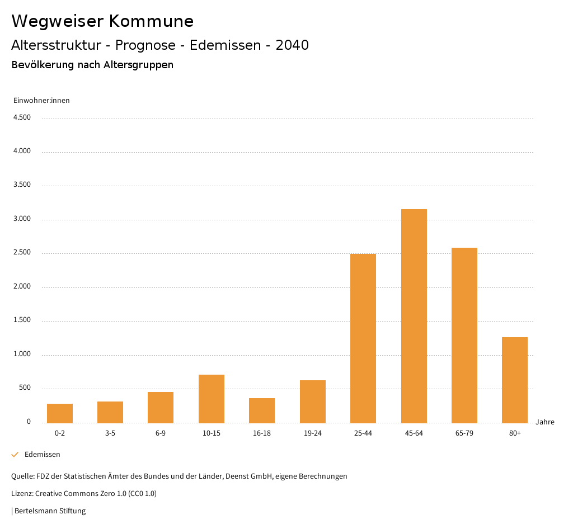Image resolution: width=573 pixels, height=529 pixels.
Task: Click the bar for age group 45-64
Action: click(x=414, y=316)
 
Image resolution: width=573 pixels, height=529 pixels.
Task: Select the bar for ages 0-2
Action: click(x=60, y=413)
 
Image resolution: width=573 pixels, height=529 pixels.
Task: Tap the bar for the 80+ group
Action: click(x=515, y=380)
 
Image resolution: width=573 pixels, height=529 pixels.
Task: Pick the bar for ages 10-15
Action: click(x=212, y=399)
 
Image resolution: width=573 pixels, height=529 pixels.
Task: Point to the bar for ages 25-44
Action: click(x=363, y=338)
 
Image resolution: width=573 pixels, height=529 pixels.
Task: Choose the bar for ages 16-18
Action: click(x=262, y=410)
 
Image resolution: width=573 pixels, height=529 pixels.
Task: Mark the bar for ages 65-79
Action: click(x=464, y=336)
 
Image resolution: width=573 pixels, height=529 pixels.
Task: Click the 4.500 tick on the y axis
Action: click(x=22, y=117)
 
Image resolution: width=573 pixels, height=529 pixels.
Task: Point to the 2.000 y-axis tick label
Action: click(x=22, y=287)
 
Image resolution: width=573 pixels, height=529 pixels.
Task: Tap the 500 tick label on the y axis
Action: click(x=25, y=388)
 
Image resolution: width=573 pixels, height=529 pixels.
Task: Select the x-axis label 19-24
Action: click(x=313, y=433)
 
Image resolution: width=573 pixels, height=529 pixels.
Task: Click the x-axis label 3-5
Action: click(x=110, y=433)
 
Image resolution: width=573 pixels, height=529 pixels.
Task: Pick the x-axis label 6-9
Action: click(x=161, y=433)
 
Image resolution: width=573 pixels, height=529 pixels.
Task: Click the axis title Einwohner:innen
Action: click(x=41, y=101)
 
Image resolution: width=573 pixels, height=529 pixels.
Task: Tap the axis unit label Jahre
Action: click(x=545, y=422)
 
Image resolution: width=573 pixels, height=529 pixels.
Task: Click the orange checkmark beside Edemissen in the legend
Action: click(x=15, y=455)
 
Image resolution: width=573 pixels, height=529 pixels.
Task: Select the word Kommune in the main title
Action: click(x=151, y=21)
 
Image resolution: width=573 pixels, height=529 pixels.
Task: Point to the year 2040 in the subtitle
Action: click(x=292, y=45)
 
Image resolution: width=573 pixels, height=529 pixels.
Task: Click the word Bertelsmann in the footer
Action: click(x=34, y=511)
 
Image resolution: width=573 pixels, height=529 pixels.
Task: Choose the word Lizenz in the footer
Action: click(x=22, y=494)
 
